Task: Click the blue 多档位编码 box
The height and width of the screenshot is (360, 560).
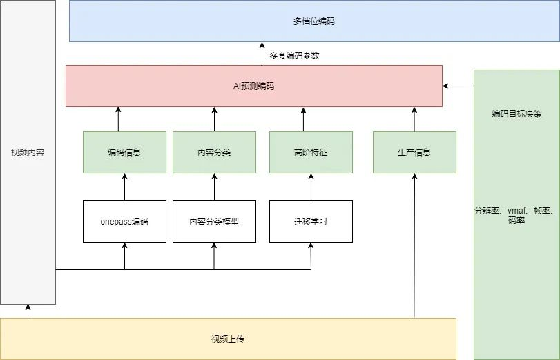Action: coord(314,21)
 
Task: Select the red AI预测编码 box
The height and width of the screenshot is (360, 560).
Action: coord(254,86)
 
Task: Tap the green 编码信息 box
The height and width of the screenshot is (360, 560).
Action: coord(124,152)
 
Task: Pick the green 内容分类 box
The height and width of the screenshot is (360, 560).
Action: coord(214,152)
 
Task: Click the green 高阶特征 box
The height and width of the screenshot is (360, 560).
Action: coord(311,152)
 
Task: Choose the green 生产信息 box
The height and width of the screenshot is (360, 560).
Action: coord(414,152)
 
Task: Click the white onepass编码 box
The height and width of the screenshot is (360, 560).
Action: coord(124,221)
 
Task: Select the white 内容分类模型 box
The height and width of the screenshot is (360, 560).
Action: coord(214,221)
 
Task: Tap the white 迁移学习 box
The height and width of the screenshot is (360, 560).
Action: coord(311,221)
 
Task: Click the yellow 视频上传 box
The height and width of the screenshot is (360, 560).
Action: coord(228,339)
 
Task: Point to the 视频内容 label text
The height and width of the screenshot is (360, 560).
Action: coord(28,153)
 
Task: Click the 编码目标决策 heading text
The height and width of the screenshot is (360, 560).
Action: coord(516,114)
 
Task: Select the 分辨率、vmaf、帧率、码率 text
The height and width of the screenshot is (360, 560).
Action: coord(516,215)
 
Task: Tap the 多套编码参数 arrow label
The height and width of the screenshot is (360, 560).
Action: coord(294,56)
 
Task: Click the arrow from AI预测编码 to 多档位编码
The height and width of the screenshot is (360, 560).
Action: coord(262,54)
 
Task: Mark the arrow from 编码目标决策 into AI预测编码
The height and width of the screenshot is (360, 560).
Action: coord(458,86)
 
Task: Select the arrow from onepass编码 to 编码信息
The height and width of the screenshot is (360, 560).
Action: coord(124,187)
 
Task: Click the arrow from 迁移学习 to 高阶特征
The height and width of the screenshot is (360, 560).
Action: coord(311,187)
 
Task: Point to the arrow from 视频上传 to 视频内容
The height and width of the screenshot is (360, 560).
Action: coord(28,311)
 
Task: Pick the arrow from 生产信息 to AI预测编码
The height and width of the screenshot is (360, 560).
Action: coord(414,119)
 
